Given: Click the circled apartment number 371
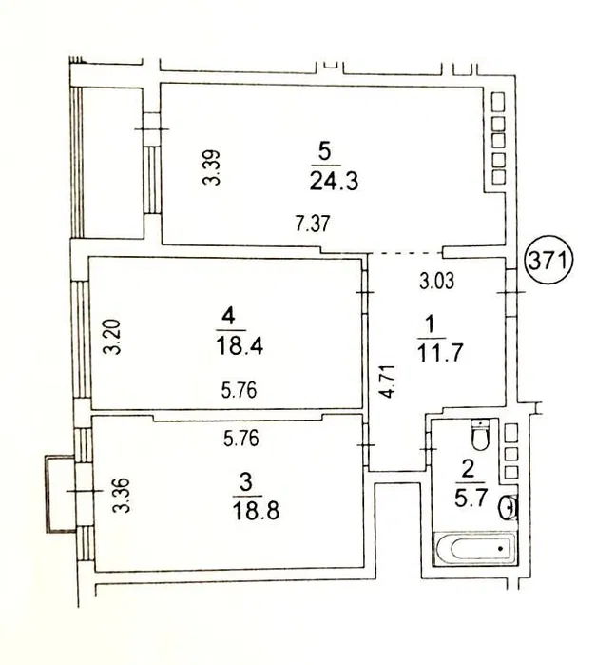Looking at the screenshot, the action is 549,261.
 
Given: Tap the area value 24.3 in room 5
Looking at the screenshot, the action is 334,181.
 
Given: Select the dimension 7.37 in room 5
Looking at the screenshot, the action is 313,224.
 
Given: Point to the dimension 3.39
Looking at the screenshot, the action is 212,167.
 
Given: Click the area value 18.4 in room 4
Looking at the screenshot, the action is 240,345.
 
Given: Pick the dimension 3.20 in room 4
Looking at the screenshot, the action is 113,337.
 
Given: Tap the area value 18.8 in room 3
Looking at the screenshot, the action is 256,511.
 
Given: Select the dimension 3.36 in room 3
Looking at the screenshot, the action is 122,496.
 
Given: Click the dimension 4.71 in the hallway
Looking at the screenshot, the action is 387,381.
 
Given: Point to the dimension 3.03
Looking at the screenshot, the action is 436,282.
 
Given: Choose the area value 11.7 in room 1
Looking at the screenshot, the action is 439,353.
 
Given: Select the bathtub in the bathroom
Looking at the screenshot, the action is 474,548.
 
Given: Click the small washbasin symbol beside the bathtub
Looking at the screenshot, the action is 507,508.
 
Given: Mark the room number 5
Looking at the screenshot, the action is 324,152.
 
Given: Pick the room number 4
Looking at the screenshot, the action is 228,317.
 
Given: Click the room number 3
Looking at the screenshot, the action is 246,482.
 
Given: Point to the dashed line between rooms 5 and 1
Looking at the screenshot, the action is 404,254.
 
